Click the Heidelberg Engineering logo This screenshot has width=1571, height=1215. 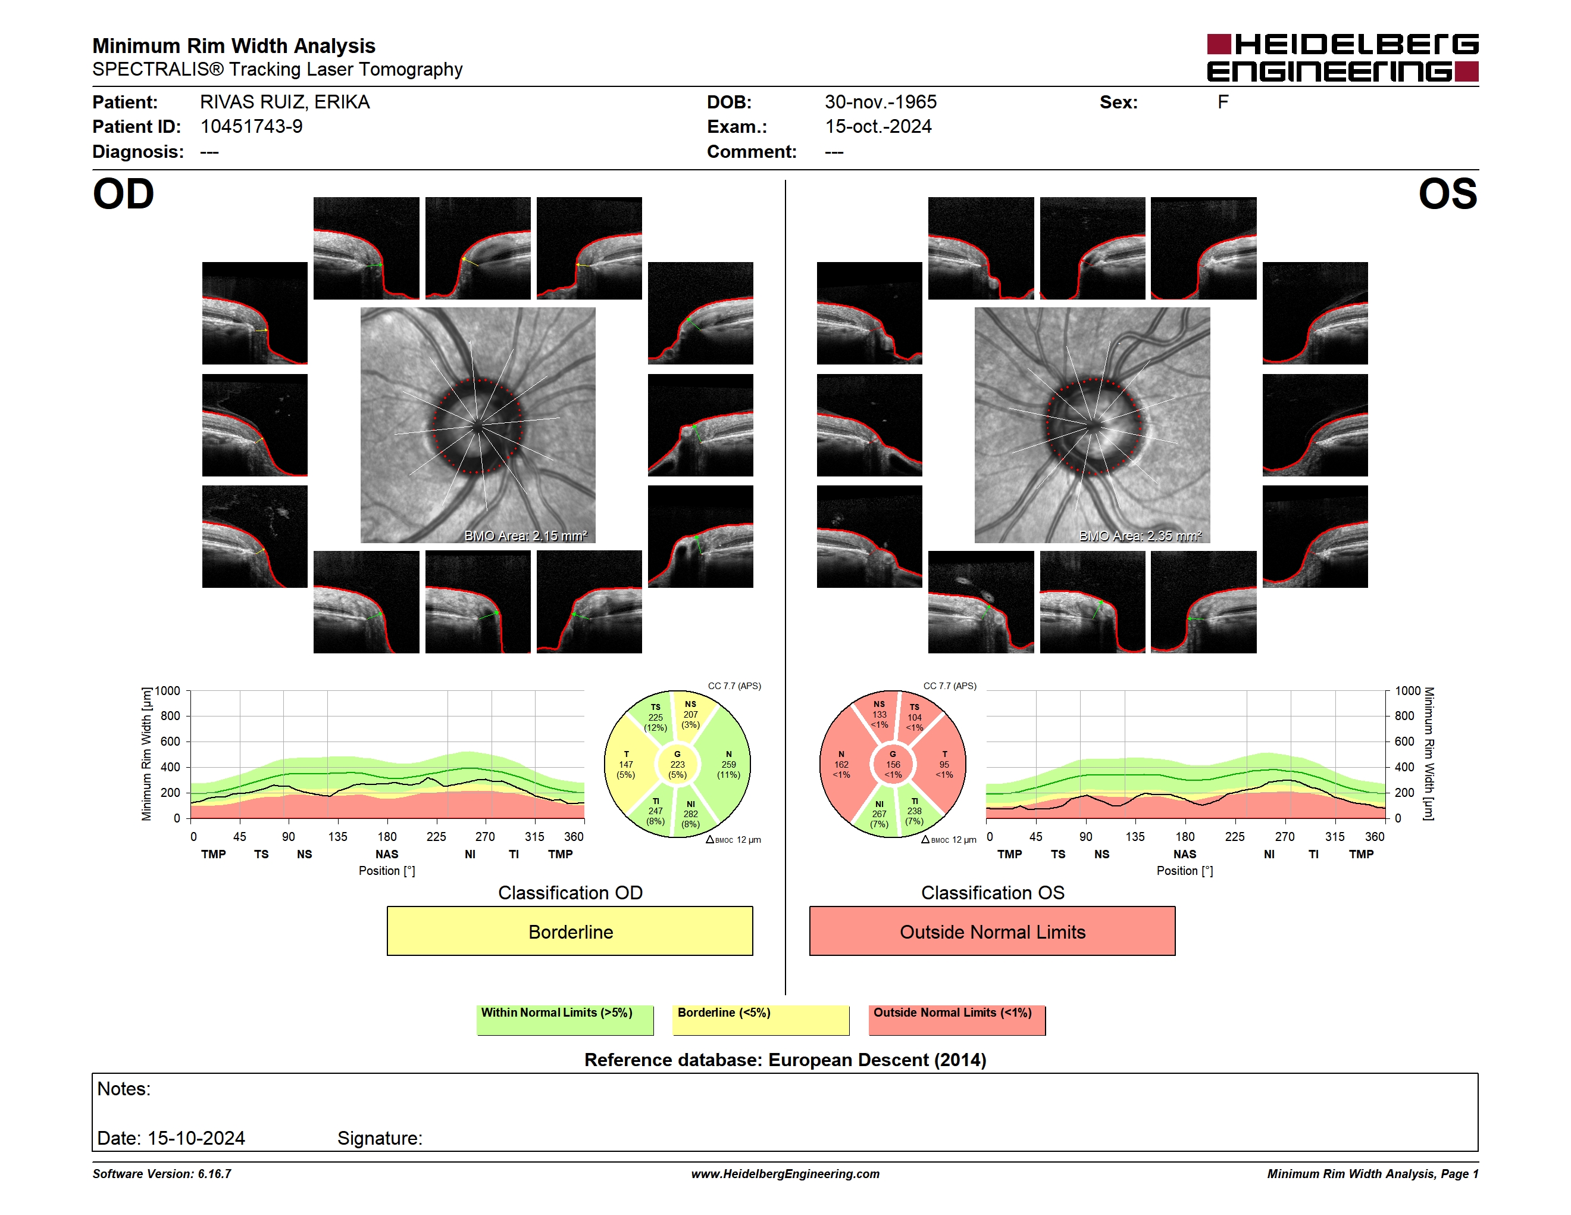click(x=1342, y=58)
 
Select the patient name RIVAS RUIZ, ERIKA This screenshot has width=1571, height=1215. click(x=285, y=102)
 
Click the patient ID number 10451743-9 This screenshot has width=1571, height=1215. click(x=251, y=127)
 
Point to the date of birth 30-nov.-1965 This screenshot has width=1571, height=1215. click(x=881, y=102)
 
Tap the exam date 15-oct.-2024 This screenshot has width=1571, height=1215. click(x=878, y=127)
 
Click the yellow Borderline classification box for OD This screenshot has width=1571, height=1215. click(x=569, y=931)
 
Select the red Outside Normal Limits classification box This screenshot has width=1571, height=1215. click(x=992, y=931)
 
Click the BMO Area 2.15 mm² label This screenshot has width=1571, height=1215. click(x=526, y=535)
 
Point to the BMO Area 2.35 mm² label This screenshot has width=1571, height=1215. click(x=1140, y=535)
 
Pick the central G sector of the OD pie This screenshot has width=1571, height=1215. click(x=677, y=764)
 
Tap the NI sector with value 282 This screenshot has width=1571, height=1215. click(x=690, y=814)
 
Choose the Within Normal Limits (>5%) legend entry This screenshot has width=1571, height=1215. click(x=565, y=1020)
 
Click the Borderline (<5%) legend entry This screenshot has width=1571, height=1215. click(x=761, y=1020)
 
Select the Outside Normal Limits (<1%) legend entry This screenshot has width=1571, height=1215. click(x=957, y=1020)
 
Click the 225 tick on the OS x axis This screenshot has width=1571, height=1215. click(x=1234, y=836)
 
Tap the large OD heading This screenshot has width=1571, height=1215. click(x=123, y=194)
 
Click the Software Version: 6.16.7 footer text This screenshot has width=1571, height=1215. click(x=162, y=1174)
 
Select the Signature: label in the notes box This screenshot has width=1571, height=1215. click(x=380, y=1138)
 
